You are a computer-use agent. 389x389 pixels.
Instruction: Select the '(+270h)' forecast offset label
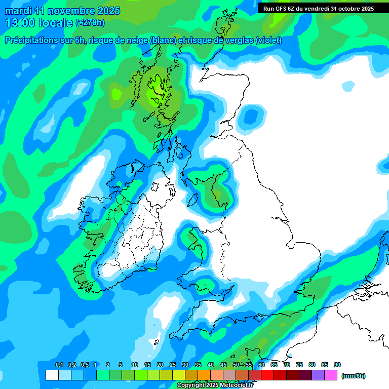[x=90, y=23]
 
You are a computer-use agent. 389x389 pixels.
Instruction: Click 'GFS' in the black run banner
[x=280, y=8]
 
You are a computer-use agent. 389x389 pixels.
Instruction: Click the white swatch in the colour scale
[x=52, y=375]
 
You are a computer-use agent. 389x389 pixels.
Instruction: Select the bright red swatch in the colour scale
[x=267, y=375]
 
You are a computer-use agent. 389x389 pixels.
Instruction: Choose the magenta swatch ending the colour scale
[x=331, y=375]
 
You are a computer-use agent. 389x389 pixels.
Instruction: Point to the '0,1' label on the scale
[x=59, y=365]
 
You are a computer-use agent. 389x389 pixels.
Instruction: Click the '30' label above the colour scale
[x=185, y=365]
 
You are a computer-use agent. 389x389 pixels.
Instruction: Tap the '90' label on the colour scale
[x=337, y=365]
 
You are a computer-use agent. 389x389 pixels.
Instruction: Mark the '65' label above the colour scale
[x=274, y=365]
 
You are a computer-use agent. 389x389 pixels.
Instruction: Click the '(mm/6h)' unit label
[x=354, y=376]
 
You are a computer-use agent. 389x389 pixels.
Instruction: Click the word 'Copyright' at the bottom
[x=191, y=385]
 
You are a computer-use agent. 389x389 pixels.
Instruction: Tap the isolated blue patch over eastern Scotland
[x=251, y=117]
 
